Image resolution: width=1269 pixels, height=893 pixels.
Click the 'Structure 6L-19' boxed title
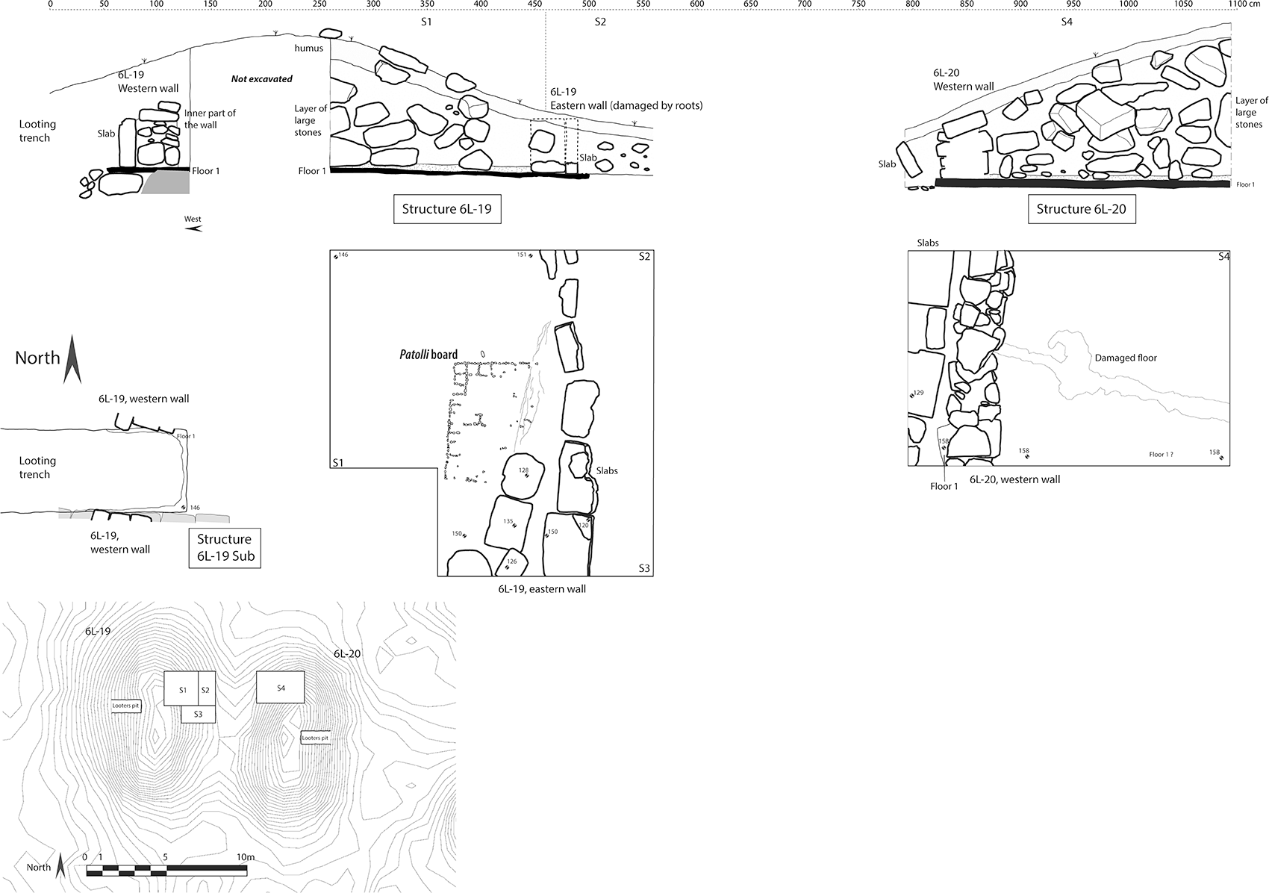(446, 209)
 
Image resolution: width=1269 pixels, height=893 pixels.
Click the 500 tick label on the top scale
(589, 4)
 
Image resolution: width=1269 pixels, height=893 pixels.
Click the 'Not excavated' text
(261, 79)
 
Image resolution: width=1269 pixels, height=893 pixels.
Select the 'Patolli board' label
(428, 355)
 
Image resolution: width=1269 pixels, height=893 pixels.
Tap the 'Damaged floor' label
(1126, 358)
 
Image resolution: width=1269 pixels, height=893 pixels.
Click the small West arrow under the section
(193, 228)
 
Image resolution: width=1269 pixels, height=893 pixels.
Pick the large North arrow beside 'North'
(72, 359)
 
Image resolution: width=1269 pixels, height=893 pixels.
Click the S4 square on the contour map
(281, 687)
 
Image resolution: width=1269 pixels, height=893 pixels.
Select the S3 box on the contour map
(198, 714)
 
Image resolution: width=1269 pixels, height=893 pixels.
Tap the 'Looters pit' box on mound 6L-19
(126, 705)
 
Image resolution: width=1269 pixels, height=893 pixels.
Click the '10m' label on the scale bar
(246, 856)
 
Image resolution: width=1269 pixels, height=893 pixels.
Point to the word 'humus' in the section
(309, 49)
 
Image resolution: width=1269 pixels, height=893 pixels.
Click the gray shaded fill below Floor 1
(165, 183)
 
